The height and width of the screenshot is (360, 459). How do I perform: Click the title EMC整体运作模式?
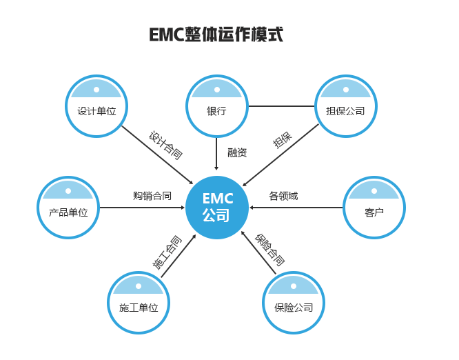pos(216,34)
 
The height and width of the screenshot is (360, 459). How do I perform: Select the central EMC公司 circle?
pos(217,208)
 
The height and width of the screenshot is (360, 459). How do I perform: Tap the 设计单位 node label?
pos(96,111)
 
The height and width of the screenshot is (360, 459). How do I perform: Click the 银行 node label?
pos(216,111)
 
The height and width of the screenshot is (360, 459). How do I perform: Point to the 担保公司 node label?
pos(345,111)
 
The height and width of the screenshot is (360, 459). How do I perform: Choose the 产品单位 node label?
pos(68,212)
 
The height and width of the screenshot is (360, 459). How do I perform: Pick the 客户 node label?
pos(374,212)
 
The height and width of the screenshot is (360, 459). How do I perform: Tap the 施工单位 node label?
pos(139,308)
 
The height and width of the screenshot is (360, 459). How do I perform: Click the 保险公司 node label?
pos(294,308)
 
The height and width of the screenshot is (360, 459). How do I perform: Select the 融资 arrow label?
pos(237,152)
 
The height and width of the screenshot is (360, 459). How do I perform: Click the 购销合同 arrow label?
pos(152,196)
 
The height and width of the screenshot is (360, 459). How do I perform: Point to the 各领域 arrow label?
pos(283,196)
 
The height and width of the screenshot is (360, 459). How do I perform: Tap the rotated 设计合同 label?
pos(165,146)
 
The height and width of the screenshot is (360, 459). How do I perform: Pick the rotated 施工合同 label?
pos(167,252)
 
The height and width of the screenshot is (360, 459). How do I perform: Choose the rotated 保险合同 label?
pos(269,250)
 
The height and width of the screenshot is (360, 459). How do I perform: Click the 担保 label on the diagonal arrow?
pos(283,140)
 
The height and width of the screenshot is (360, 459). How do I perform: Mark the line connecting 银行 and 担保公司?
pos(282,106)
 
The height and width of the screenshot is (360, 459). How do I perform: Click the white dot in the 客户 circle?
pos(374,191)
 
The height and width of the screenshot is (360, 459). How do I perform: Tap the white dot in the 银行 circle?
pos(217,90)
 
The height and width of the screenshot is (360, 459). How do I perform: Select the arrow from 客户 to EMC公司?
pos(296,208)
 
